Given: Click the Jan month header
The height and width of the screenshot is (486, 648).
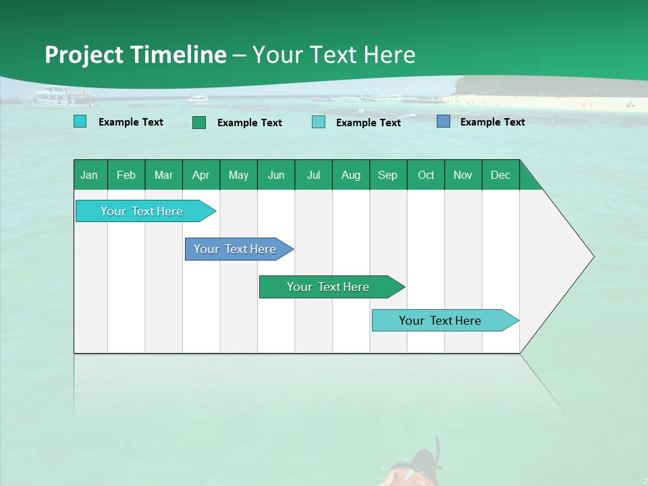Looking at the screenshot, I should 90,175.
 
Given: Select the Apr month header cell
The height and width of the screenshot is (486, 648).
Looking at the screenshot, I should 200,175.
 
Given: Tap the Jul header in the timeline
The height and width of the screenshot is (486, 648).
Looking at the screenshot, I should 313,175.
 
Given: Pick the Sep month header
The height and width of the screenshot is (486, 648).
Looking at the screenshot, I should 387,175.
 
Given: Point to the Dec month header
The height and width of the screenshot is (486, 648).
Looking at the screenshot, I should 500,175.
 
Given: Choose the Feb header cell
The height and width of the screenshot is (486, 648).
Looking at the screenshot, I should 126,175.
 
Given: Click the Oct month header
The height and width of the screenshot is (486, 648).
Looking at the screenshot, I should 426,175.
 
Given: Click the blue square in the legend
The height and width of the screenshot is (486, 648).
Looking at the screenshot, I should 443,122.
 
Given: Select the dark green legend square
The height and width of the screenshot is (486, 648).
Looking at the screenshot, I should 199,122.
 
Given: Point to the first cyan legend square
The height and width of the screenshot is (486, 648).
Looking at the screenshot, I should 80,122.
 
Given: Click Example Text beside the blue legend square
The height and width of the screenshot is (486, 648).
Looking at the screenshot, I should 492,122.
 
